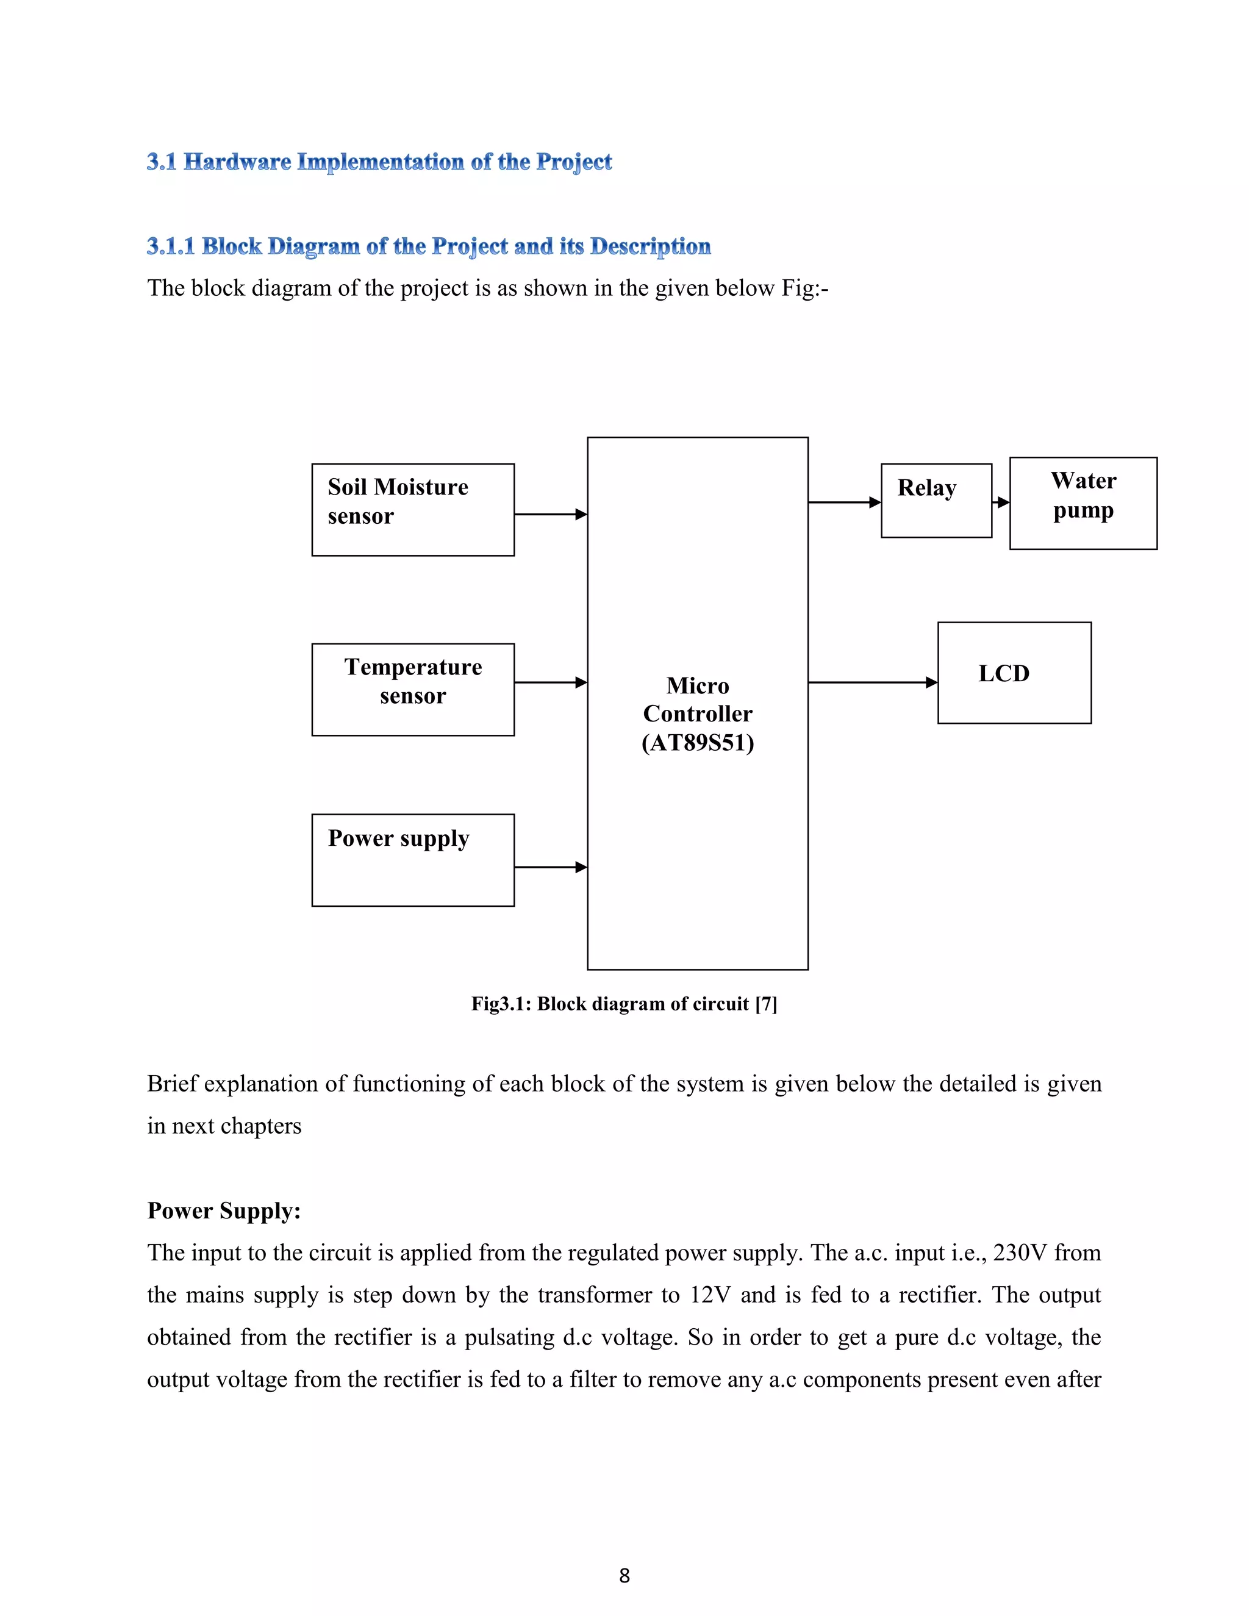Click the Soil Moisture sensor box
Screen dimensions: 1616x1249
413,510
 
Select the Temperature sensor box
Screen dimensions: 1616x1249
413,689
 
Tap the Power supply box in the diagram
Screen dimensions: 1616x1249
413,860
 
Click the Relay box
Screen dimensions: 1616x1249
936,500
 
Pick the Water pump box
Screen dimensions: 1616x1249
1083,503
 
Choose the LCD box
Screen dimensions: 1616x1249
1014,673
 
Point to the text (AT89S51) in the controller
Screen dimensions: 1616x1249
698,742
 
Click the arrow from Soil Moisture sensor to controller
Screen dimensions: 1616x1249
551,514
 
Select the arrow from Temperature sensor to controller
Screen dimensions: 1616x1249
551,682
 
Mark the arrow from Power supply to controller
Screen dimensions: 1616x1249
551,867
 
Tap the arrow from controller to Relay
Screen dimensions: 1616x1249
844,502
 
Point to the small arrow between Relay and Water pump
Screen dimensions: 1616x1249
1001,502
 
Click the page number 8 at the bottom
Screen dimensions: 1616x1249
624,1575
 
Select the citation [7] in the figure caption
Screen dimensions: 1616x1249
766,1004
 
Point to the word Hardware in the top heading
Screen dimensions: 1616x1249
237,162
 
